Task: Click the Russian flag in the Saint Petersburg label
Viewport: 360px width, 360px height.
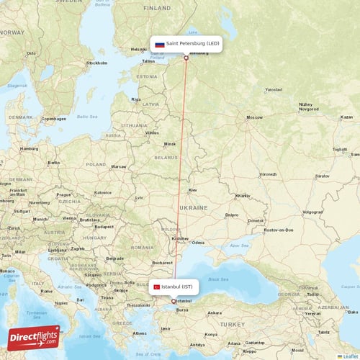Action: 160,44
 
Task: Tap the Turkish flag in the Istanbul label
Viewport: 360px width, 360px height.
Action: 156,287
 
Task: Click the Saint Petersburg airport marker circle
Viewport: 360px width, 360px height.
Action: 186,58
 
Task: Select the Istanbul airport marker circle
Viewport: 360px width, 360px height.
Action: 174,301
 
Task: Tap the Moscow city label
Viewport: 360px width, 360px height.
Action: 254,117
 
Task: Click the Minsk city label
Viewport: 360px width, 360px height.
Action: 170,143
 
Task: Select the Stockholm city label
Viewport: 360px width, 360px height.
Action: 96,63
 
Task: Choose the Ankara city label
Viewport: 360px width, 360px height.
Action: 214,312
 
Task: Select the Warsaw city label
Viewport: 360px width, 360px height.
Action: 118,166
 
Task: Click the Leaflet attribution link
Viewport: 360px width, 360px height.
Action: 348,356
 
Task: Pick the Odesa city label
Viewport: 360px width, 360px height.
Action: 197,243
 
